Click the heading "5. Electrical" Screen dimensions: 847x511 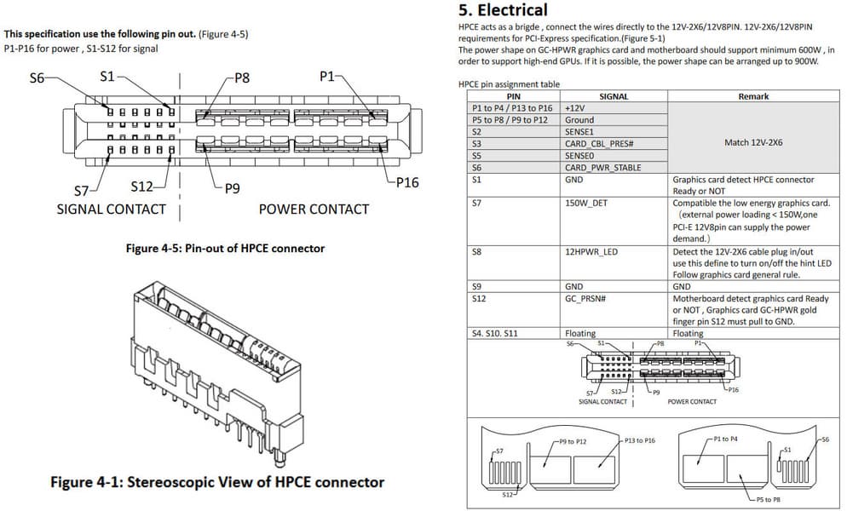pyautogui.click(x=503, y=10)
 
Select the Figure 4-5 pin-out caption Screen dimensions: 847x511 pyautogui.click(x=225, y=249)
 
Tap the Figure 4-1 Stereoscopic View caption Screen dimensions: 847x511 pyautogui.click(x=217, y=482)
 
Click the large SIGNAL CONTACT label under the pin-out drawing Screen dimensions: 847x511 pyautogui.click(x=112, y=209)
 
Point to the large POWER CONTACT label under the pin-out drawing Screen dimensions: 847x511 pyautogui.click(x=314, y=209)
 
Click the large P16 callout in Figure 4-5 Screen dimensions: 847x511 pyautogui.click(x=407, y=182)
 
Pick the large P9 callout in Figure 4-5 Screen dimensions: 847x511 pyautogui.click(x=233, y=188)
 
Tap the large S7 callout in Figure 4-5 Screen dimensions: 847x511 pyautogui.click(x=82, y=191)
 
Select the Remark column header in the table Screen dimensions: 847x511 pyautogui.click(x=753, y=96)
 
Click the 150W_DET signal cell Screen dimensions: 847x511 pyautogui.click(x=586, y=203)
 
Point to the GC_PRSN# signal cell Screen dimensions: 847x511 pyautogui.click(x=585, y=298)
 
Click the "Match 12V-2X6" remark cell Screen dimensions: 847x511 pyautogui.click(x=753, y=142)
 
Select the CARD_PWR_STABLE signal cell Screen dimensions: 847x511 pyautogui.click(x=602, y=168)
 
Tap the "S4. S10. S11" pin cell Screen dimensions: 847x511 pyautogui.click(x=495, y=333)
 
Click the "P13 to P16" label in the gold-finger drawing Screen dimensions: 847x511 pyautogui.click(x=640, y=440)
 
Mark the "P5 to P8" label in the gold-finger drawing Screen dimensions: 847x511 pyautogui.click(x=768, y=500)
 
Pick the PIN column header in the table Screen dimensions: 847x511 pyautogui.click(x=514, y=96)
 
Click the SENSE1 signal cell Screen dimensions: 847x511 pyautogui.click(x=579, y=132)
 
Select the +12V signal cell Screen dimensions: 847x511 pyautogui.click(x=574, y=108)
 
